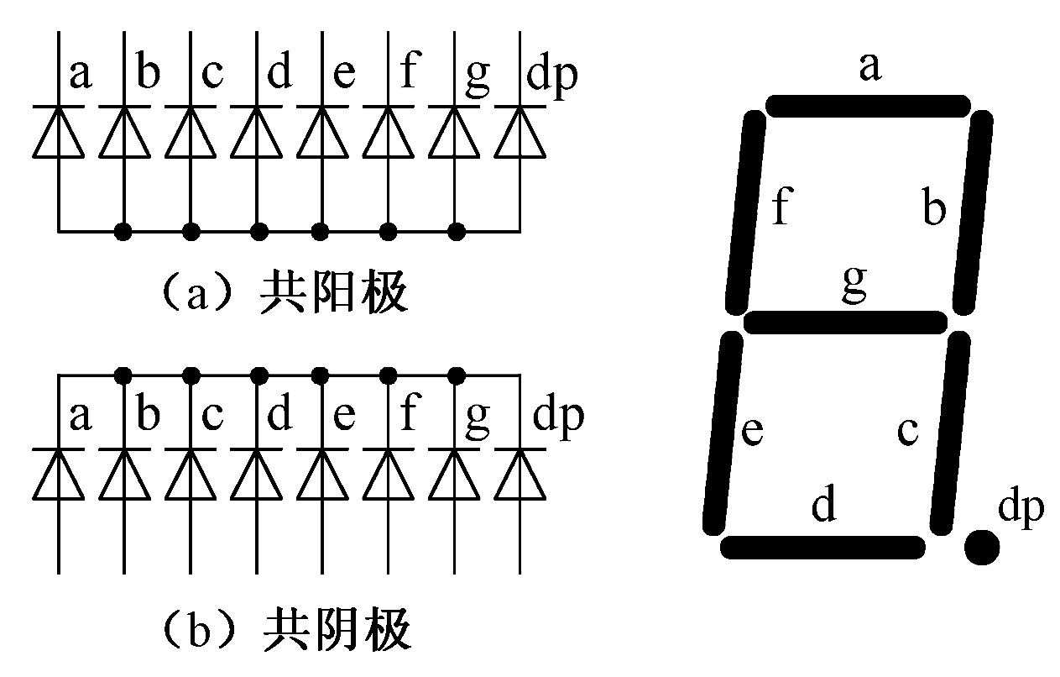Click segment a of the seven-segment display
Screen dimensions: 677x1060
(x=868, y=106)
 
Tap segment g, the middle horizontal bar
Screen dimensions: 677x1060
(x=845, y=321)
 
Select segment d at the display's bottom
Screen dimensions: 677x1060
(x=822, y=547)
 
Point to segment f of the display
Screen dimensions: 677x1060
(x=744, y=210)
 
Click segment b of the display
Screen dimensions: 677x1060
(x=972, y=210)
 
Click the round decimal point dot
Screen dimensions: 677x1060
(x=981, y=548)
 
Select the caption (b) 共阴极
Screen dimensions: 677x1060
(x=284, y=632)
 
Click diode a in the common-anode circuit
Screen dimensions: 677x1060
(x=58, y=133)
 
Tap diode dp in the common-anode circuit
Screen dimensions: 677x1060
(x=519, y=133)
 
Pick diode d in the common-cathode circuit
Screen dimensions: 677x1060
(x=256, y=474)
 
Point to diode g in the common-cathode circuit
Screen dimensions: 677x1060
(x=454, y=474)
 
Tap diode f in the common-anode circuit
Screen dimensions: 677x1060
(x=388, y=133)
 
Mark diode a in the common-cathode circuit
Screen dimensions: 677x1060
(x=58, y=474)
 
